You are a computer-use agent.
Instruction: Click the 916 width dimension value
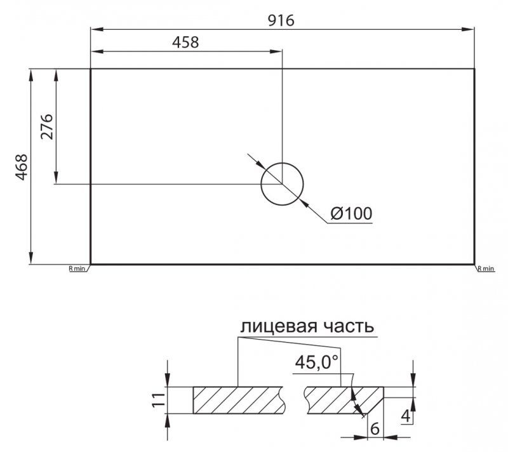click(x=281, y=21)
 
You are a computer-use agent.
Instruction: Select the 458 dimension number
click(x=185, y=43)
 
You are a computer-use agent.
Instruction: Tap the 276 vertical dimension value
click(x=47, y=126)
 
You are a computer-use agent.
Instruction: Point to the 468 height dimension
click(x=22, y=167)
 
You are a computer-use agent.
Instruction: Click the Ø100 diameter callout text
click(x=352, y=214)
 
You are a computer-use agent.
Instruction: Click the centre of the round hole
click(x=282, y=184)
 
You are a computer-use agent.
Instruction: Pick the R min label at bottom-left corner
click(x=77, y=269)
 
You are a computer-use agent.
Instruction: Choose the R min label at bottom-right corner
click(x=486, y=269)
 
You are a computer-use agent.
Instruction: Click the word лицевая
click(x=278, y=326)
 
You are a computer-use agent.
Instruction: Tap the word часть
click(x=349, y=327)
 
